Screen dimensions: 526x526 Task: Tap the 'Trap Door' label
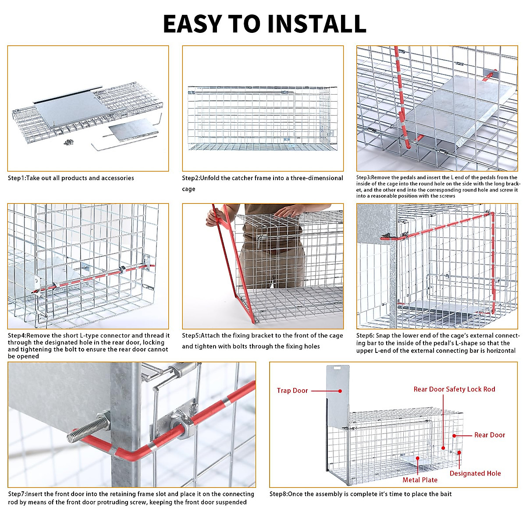click(292, 391)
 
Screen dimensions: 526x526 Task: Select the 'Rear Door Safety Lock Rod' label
click(454, 389)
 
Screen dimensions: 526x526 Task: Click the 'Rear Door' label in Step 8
click(490, 435)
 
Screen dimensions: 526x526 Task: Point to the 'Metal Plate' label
click(420, 480)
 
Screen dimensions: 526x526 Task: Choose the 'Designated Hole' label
click(475, 473)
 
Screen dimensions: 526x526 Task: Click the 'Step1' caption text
click(17, 178)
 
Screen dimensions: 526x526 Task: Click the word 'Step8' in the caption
click(278, 494)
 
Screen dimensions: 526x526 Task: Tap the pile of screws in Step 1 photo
click(68, 142)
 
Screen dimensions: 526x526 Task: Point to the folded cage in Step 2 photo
click(262, 117)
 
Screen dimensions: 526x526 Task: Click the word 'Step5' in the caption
click(191, 336)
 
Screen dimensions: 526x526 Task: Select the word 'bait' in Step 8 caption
click(445, 494)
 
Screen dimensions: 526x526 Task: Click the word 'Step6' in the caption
click(365, 336)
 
